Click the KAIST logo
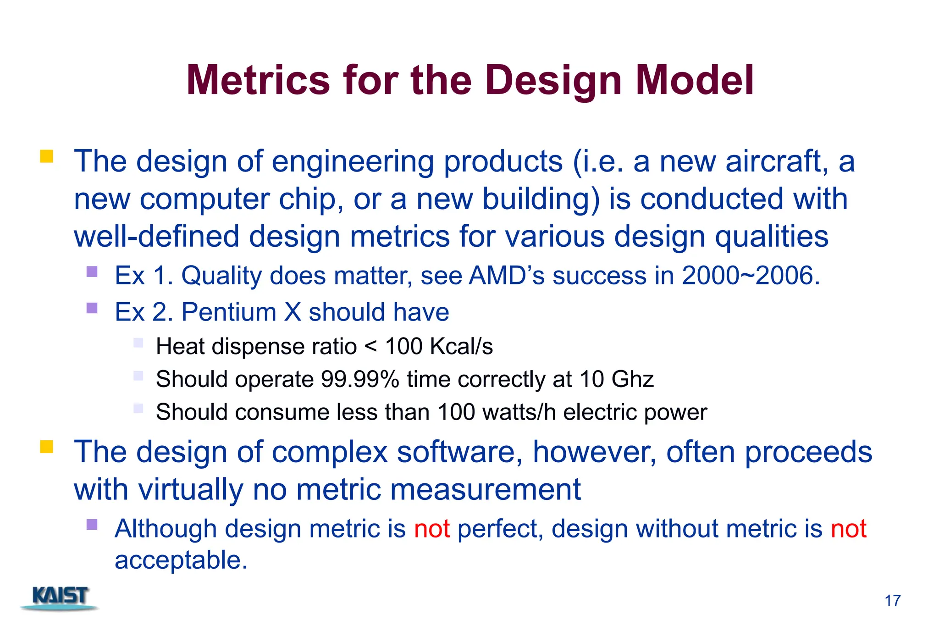[x=60, y=597]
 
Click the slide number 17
[x=892, y=601]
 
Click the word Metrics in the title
[x=258, y=80]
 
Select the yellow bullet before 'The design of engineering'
[x=46, y=156]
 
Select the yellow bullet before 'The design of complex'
[x=46, y=447]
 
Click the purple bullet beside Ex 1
[x=92, y=272]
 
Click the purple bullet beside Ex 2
[x=92, y=308]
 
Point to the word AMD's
[x=507, y=276]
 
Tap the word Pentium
[x=229, y=312]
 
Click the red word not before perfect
[x=431, y=529]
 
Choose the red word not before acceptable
[x=848, y=529]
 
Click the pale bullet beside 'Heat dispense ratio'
[x=138, y=343]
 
